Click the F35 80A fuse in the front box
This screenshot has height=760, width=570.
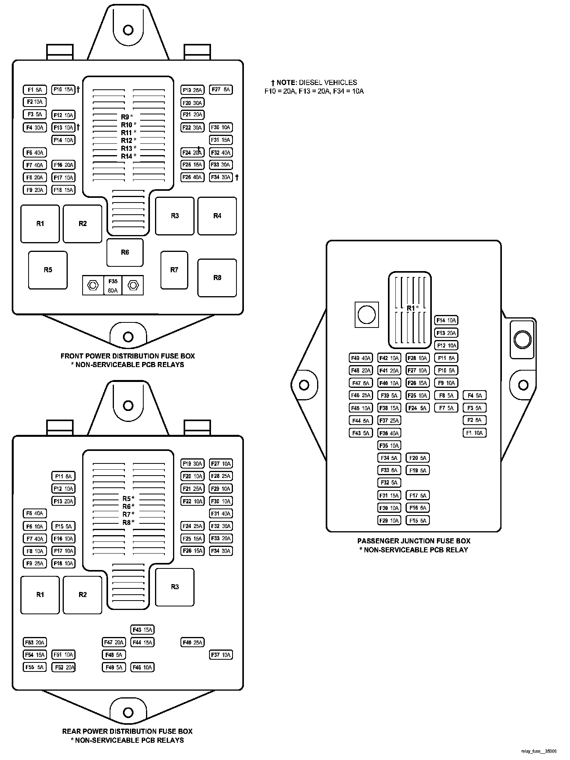[113, 285]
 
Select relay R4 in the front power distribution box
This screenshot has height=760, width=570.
[217, 216]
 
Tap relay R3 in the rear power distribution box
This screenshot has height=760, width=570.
[175, 587]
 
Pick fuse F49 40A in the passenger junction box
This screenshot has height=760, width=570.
[361, 358]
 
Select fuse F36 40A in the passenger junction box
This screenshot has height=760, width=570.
[389, 433]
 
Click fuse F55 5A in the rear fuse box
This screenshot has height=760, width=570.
[35, 667]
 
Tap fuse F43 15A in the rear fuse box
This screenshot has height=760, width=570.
[142, 630]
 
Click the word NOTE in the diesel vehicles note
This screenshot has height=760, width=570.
[287, 83]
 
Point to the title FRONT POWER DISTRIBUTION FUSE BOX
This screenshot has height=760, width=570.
[128, 356]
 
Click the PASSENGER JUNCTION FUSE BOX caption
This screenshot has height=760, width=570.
[414, 541]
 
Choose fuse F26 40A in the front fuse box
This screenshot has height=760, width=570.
[192, 177]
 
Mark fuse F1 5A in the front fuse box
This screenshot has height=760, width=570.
[35, 90]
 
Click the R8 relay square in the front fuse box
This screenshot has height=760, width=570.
[217, 278]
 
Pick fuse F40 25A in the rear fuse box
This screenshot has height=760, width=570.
[192, 642]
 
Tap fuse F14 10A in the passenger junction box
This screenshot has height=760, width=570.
[446, 320]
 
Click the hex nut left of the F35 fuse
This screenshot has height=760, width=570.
[93, 285]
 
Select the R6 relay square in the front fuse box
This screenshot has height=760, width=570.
[125, 252]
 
